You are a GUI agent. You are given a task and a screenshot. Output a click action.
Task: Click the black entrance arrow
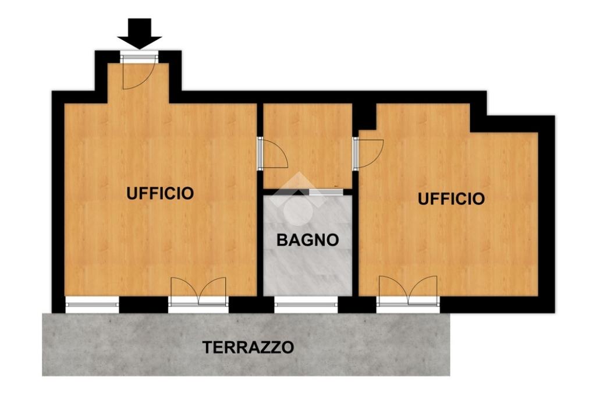coord(140,33)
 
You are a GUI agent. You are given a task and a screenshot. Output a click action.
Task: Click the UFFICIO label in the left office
coord(160,193)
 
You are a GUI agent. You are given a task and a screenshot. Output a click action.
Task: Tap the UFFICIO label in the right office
coord(451,199)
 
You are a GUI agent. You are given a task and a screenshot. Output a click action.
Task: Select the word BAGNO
coord(307,240)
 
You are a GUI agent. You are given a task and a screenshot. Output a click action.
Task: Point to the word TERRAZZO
coord(248,347)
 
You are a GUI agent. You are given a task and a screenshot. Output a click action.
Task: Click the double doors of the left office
coord(198,291)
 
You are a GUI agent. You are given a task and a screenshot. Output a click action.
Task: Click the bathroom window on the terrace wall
coord(306,304)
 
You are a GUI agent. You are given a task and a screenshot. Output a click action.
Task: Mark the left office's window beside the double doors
coord(93,304)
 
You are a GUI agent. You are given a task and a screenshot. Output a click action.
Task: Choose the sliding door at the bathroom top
coord(326,193)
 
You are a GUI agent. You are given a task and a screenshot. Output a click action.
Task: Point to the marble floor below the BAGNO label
coord(307,272)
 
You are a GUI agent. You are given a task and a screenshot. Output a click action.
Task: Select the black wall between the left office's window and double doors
coord(144,304)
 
